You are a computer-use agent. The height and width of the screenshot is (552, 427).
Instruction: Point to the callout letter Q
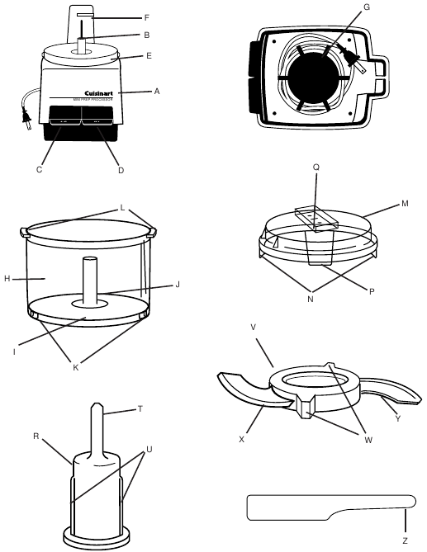(x=316, y=188)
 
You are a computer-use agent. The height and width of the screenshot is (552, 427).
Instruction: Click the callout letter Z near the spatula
(x=404, y=540)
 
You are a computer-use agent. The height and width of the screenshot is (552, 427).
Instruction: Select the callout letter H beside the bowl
(x=7, y=278)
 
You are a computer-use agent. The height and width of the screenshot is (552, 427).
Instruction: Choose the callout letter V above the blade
(x=253, y=328)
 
